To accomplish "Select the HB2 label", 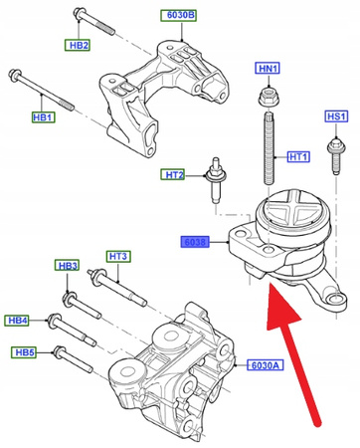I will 79,46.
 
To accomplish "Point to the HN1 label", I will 269,68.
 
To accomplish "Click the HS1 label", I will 337,116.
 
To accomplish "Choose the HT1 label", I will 299,156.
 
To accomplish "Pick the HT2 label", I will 175,175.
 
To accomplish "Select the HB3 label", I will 67,267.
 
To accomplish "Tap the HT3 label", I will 118,257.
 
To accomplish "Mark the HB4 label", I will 20,321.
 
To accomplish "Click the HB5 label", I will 24,352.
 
